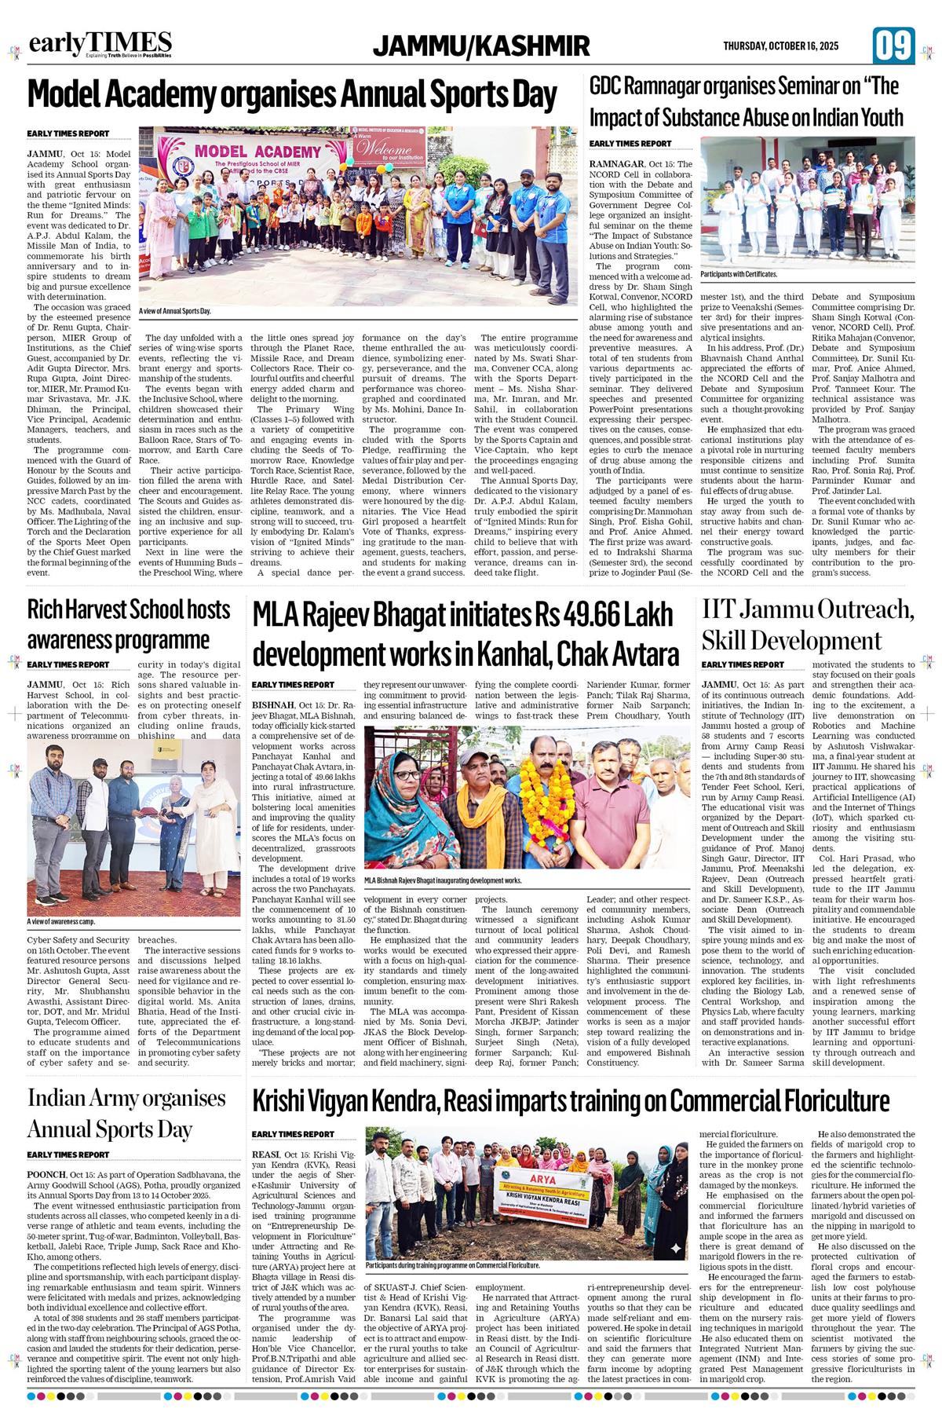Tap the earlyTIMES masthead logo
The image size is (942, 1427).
pyautogui.click(x=100, y=44)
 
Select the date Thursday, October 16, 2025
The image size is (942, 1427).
pyautogui.click(x=780, y=46)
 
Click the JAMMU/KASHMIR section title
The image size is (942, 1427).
pyautogui.click(x=481, y=46)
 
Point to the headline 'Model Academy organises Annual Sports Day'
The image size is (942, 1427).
pyautogui.click(x=292, y=95)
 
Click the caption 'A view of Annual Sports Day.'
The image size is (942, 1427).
pyautogui.click(x=175, y=312)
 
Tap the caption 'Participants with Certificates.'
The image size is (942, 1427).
pyautogui.click(x=739, y=274)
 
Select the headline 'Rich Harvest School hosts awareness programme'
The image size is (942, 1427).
pyautogui.click(x=129, y=624)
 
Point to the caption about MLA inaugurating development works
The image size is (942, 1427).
pyautogui.click(x=443, y=880)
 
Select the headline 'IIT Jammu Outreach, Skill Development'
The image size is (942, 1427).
pyautogui.click(x=808, y=624)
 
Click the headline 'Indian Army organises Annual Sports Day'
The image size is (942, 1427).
pyautogui.click(x=126, y=1113)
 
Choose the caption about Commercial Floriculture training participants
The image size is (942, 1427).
pyautogui.click(x=452, y=1265)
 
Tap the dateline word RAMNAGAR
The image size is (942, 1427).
pyautogui.click(x=619, y=163)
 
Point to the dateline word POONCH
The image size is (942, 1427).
pyautogui.click(x=46, y=1174)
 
